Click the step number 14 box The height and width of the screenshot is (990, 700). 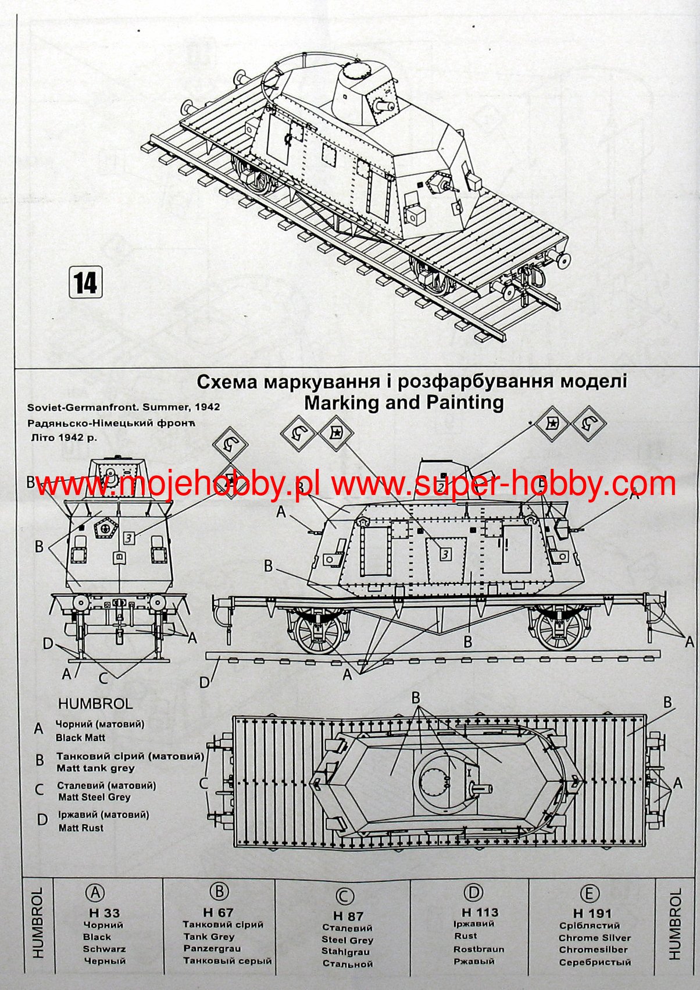coord(85,282)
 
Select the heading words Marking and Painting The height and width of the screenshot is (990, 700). coord(403,403)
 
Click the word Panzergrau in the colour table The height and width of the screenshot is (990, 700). coord(212,949)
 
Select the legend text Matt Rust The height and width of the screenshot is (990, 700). coord(81,828)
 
